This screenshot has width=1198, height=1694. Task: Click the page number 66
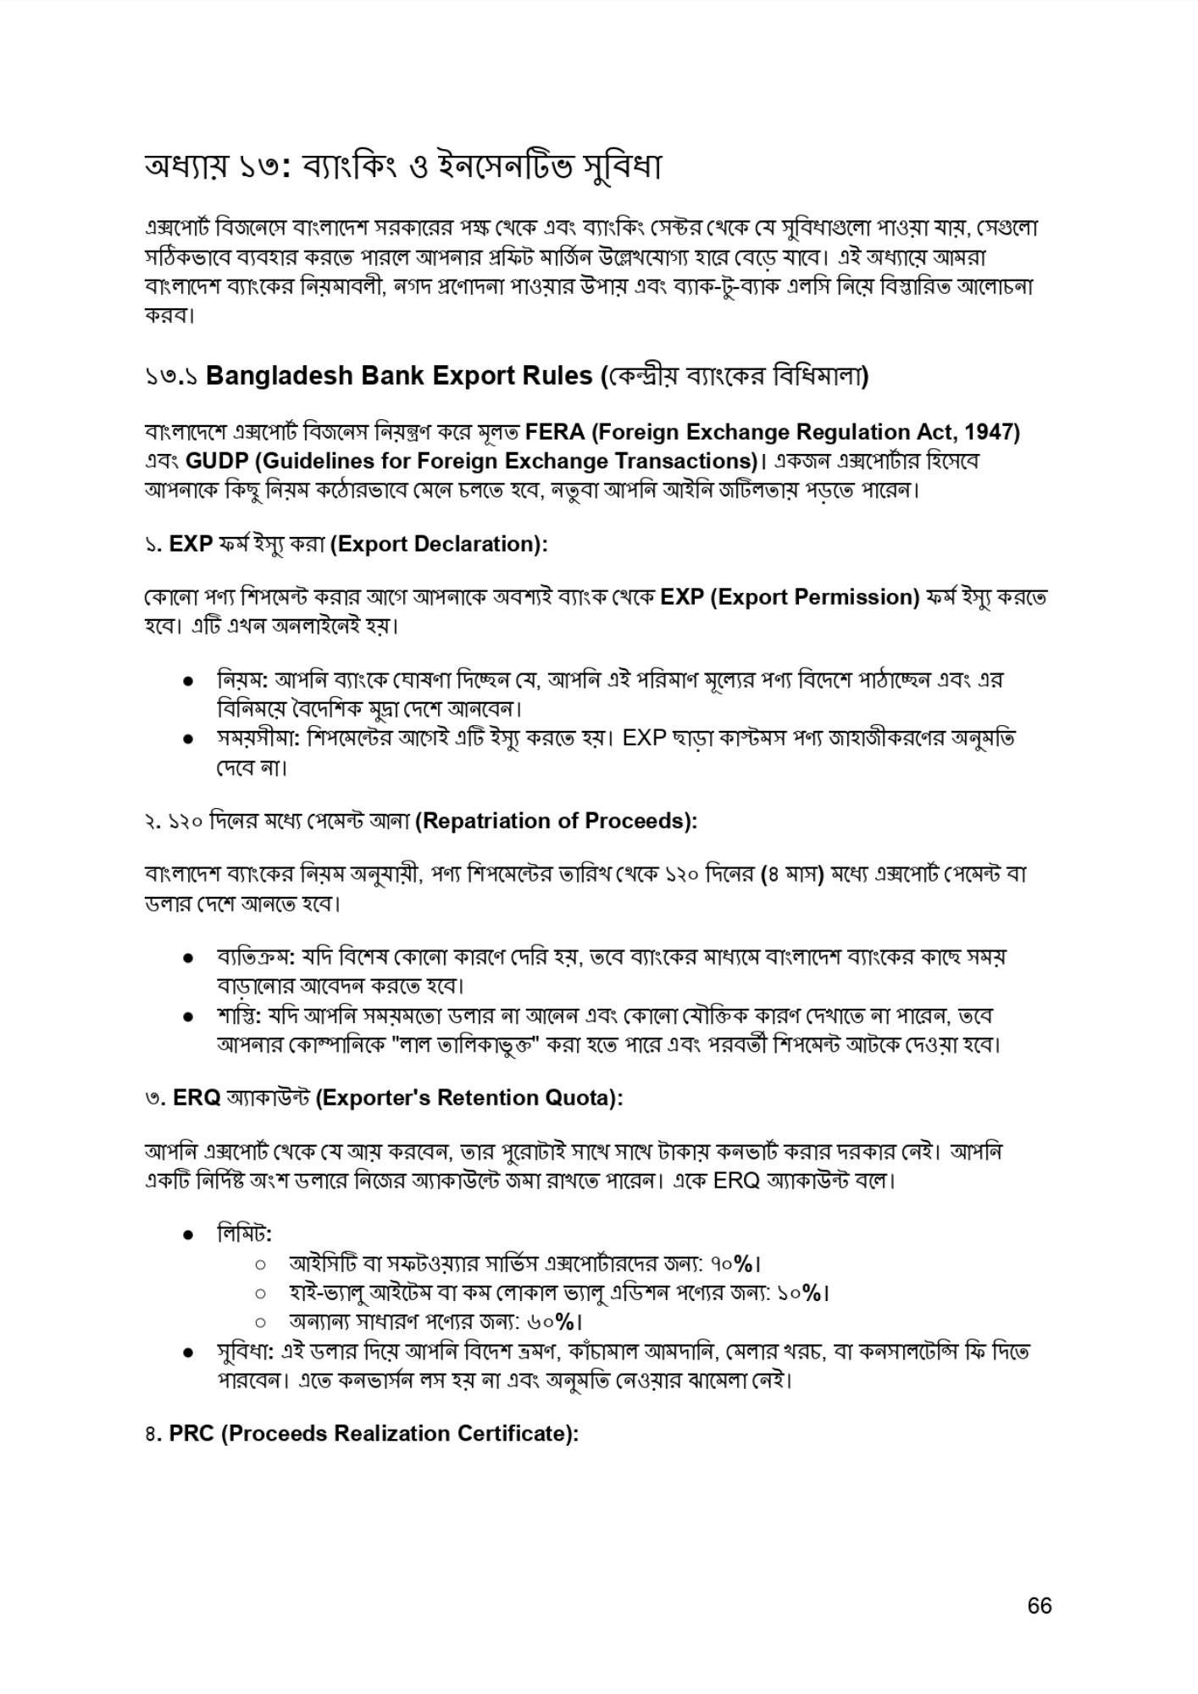click(1039, 1606)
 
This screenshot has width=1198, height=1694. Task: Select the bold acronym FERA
click(555, 432)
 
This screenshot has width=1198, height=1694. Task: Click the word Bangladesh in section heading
click(279, 375)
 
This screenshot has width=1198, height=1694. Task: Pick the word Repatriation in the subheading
click(484, 821)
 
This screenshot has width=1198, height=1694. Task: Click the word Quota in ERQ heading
click(585, 1098)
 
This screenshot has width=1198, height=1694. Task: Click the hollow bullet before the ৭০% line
click(261, 1265)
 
